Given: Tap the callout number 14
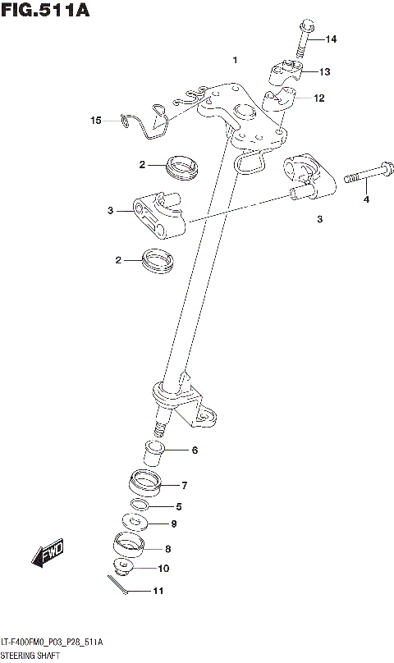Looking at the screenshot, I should pyautogui.click(x=330, y=39).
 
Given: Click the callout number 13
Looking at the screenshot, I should pyautogui.click(x=324, y=72).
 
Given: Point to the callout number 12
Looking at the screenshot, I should pyautogui.click(x=318, y=98).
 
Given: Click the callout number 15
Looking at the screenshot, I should pyautogui.click(x=96, y=121).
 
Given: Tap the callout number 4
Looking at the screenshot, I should pyautogui.click(x=367, y=199).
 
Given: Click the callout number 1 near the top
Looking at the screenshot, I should pyautogui.click(x=235, y=61).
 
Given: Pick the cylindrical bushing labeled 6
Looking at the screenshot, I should pyautogui.click(x=154, y=450).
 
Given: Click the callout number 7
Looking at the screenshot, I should pyautogui.click(x=185, y=485).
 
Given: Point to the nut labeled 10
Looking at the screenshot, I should pyautogui.click(x=124, y=568).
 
